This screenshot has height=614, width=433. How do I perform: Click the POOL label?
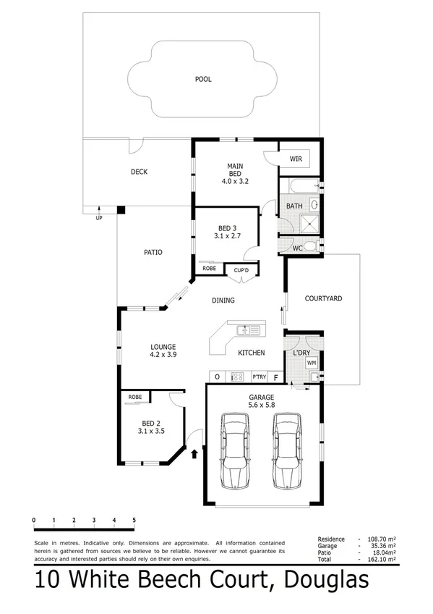[202, 79]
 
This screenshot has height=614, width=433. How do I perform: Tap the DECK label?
[139, 172]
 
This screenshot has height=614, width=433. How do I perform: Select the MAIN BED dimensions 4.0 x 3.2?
[235, 181]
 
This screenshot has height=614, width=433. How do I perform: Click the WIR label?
[296, 159]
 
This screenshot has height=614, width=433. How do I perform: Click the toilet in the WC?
[309, 248]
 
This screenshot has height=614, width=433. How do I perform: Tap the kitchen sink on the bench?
[247, 331]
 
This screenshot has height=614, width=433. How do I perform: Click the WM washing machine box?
[312, 362]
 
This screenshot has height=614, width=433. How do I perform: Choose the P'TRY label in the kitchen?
[259, 377]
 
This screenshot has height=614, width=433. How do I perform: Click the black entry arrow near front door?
[194, 454]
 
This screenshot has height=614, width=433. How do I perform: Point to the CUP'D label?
[238, 271]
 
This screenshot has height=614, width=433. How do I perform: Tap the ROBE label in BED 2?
[135, 397]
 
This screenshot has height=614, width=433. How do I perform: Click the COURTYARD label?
[322, 298]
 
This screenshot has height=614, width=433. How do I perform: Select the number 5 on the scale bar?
[134, 520]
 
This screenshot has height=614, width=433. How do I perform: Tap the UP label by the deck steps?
[99, 217]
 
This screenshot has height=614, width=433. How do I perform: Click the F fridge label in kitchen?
[275, 377]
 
